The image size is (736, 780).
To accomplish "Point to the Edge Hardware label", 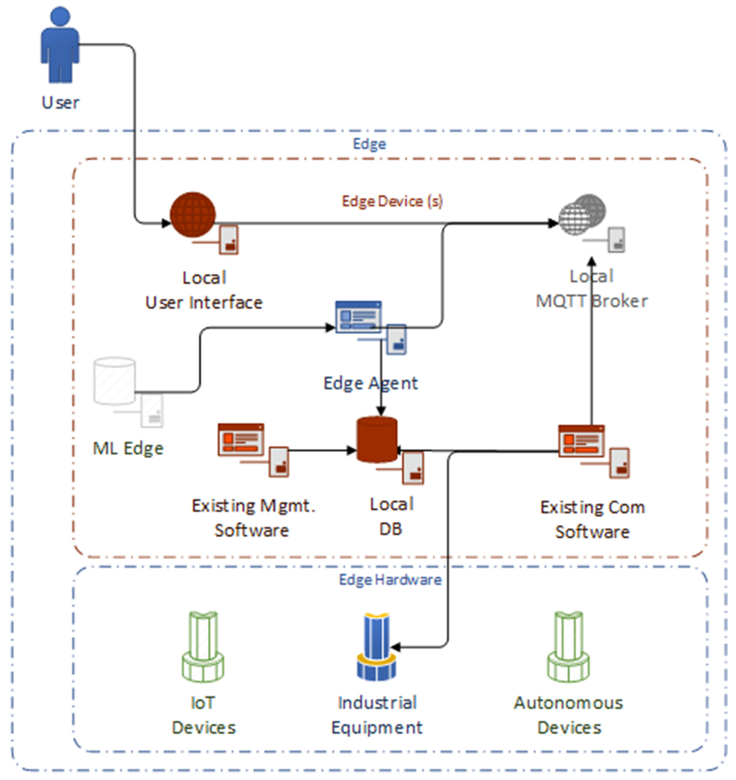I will [x=390, y=580].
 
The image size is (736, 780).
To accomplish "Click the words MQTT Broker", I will [x=592, y=302].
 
